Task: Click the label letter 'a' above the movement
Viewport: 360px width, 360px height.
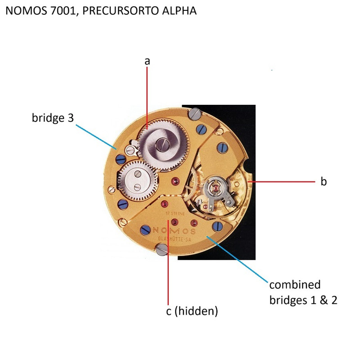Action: [x=147, y=61]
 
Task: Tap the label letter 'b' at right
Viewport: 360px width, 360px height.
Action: [x=323, y=182]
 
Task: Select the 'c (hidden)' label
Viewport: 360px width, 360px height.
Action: [x=192, y=311]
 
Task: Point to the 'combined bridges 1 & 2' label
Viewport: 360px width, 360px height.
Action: [x=303, y=292]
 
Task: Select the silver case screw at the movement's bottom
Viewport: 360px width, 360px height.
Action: [x=161, y=248]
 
